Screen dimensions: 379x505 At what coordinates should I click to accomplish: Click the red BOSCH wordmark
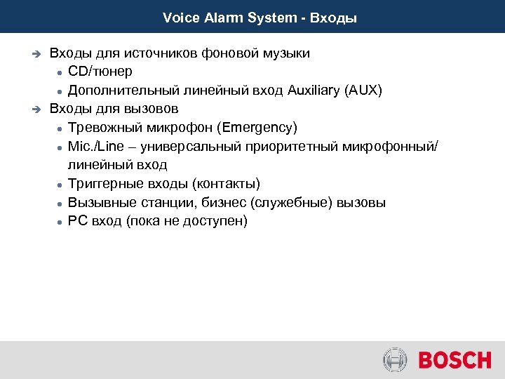coord(454,360)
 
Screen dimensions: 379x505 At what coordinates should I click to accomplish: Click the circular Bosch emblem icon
coord(395,360)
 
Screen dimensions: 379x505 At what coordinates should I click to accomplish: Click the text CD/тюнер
coord(100,72)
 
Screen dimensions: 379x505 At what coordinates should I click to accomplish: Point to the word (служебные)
coord(283,203)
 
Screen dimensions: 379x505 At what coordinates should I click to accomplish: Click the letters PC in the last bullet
coord(76,221)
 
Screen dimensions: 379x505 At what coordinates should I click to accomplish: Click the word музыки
coord(285,53)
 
